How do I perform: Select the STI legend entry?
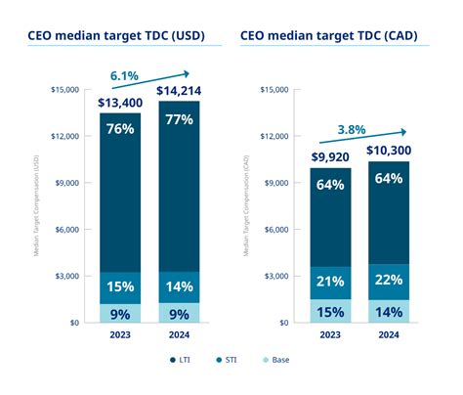tap(228, 359)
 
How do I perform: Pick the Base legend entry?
tap(278, 359)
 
